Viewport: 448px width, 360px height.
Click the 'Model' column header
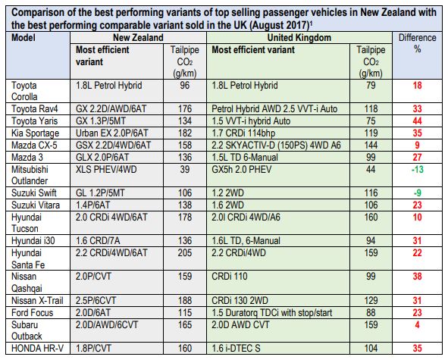(23, 38)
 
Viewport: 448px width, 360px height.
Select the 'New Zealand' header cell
(138, 38)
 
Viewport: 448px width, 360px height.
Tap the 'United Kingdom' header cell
(299, 38)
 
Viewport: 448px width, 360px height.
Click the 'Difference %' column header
(417, 43)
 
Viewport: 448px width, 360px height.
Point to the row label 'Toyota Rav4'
(35, 109)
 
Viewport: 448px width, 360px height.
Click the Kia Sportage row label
(35, 133)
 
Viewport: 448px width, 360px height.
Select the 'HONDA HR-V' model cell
(37, 349)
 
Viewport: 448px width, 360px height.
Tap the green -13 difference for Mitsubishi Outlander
(417, 170)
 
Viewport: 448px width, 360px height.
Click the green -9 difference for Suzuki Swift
(417, 193)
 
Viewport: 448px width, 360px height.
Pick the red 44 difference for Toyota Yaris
(417, 121)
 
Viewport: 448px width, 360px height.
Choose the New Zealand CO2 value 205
(185, 253)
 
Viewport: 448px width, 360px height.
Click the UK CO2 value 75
(371, 121)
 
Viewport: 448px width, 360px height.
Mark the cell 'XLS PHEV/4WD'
(106, 170)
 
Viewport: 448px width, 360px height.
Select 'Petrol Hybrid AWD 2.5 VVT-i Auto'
(274, 109)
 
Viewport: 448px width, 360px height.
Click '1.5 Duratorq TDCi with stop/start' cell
(271, 312)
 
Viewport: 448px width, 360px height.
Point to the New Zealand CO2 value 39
(185, 170)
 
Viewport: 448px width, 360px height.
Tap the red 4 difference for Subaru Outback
(417, 325)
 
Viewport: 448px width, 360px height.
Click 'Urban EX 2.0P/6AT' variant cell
(111, 133)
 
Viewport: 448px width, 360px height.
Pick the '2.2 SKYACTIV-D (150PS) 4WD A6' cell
(276, 146)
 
